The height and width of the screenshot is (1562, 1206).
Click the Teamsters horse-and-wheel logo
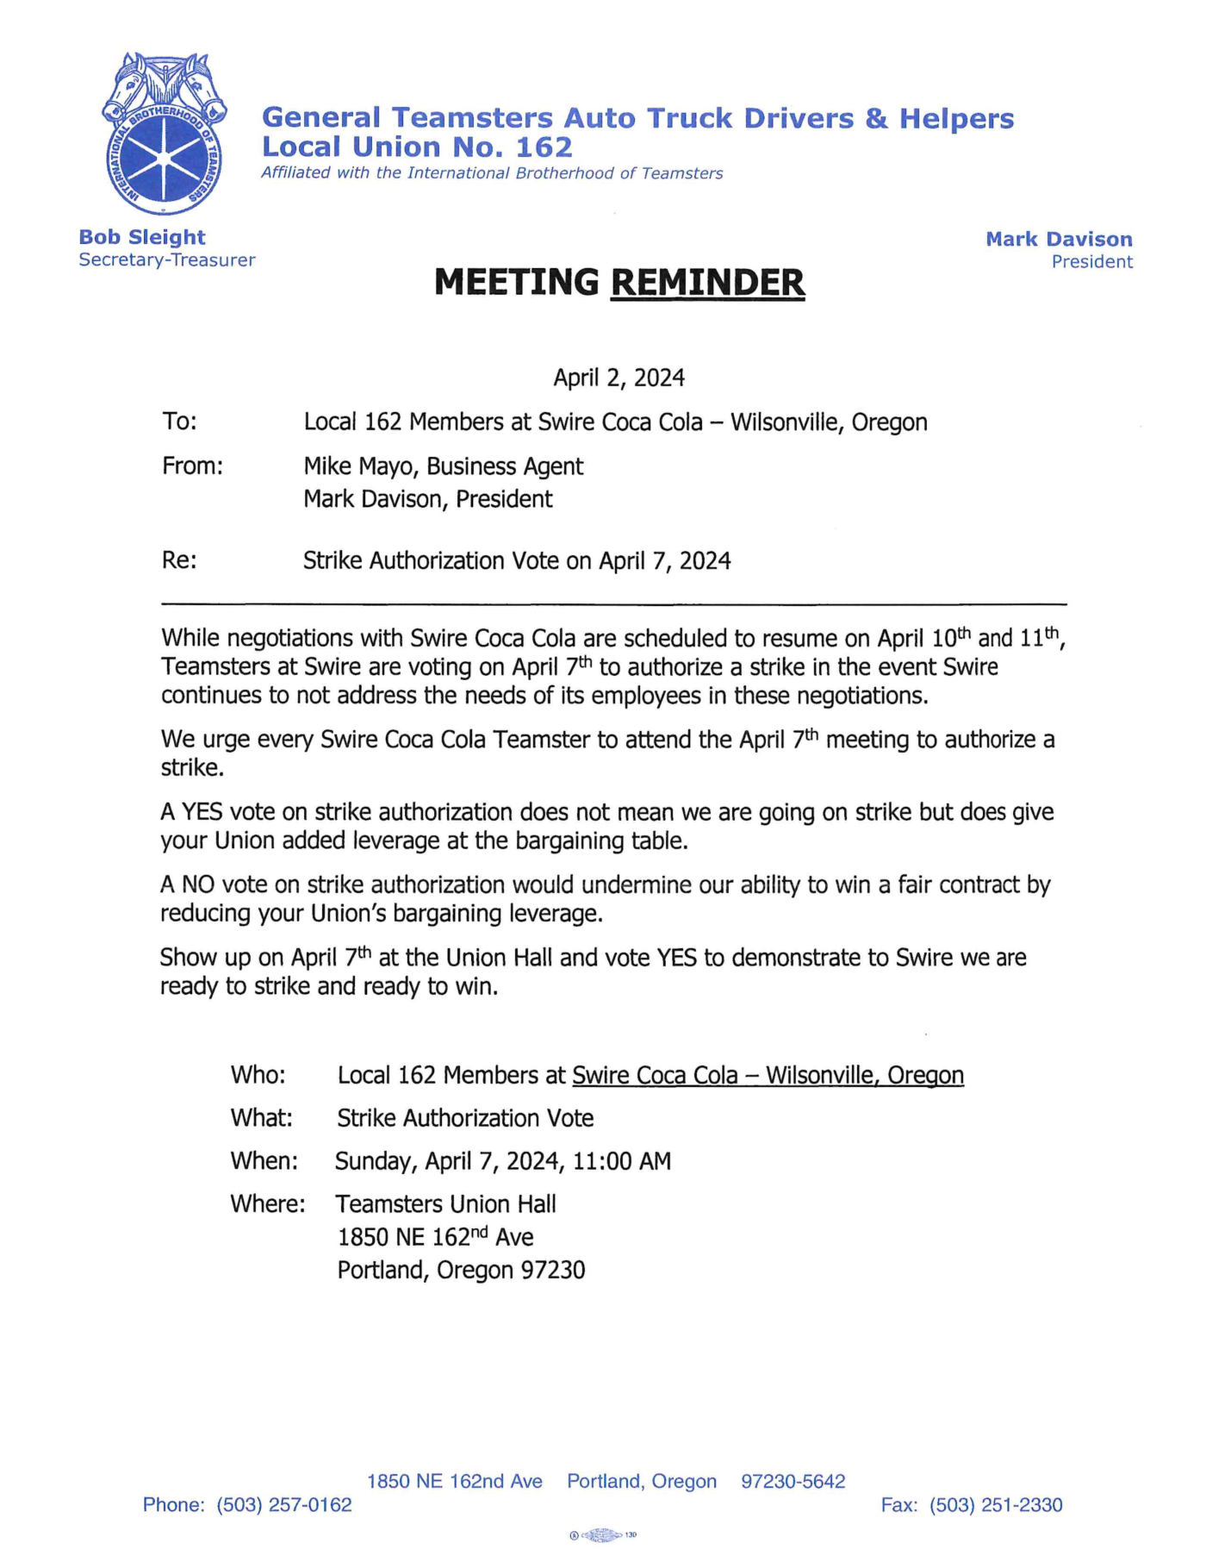click(x=164, y=134)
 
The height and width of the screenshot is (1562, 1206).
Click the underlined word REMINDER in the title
click(x=707, y=283)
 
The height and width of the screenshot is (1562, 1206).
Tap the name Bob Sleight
click(x=142, y=237)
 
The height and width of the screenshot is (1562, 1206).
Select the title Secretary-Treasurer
click(x=167, y=260)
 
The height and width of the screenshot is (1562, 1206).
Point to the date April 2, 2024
click(x=619, y=378)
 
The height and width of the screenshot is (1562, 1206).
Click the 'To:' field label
click(x=179, y=422)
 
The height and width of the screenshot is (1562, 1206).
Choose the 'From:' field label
click(x=192, y=466)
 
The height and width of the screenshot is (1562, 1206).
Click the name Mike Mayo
click(x=360, y=466)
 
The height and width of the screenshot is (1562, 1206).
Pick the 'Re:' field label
click(x=179, y=560)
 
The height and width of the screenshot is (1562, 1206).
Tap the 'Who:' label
click(x=258, y=1075)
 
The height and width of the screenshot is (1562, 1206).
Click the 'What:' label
click(x=261, y=1118)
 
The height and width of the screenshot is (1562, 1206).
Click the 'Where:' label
click(x=267, y=1203)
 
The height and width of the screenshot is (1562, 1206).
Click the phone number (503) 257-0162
click(x=284, y=1505)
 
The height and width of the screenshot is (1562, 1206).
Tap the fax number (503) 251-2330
click(x=996, y=1505)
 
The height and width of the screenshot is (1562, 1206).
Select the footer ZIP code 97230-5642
click(x=793, y=1481)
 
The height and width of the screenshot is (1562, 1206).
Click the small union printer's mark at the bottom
click(x=603, y=1535)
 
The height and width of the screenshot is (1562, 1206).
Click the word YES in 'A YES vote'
click(x=202, y=812)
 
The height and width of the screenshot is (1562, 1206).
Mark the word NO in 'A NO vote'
click(x=198, y=884)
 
